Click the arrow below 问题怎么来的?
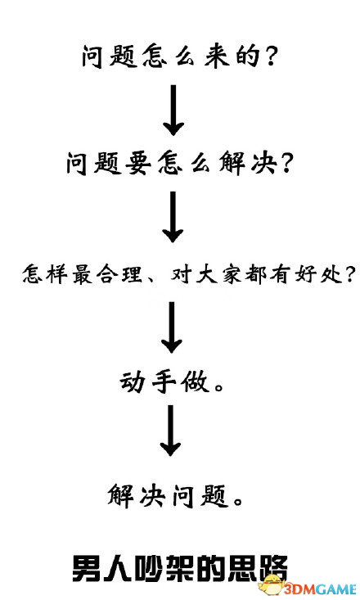173,110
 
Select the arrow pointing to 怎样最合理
173,217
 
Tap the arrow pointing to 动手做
172,327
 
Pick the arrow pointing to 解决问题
171,431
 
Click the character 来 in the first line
217,56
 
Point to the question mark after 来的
269,56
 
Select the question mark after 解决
285,164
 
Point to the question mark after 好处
349,274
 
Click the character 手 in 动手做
164,382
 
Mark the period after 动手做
219,387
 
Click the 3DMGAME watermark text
320,589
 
